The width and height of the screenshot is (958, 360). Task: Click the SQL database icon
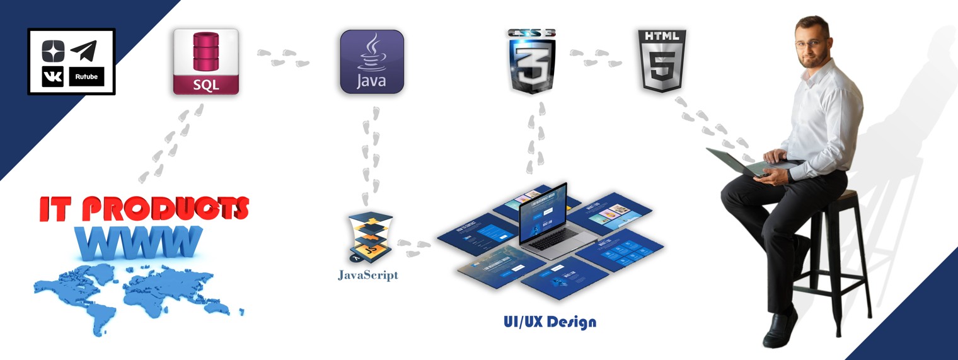click(205, 61)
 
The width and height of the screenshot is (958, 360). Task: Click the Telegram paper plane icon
click(83, 50)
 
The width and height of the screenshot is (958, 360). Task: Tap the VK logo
click(53, 76)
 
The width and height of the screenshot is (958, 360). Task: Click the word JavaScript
click(368, 275)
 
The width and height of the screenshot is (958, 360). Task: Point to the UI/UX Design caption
click(550, 322)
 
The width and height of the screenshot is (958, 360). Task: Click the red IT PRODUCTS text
click(144, 209)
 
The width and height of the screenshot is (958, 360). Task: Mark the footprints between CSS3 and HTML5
click(596, 57)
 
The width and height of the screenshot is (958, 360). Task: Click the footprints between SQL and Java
click(284, 57)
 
